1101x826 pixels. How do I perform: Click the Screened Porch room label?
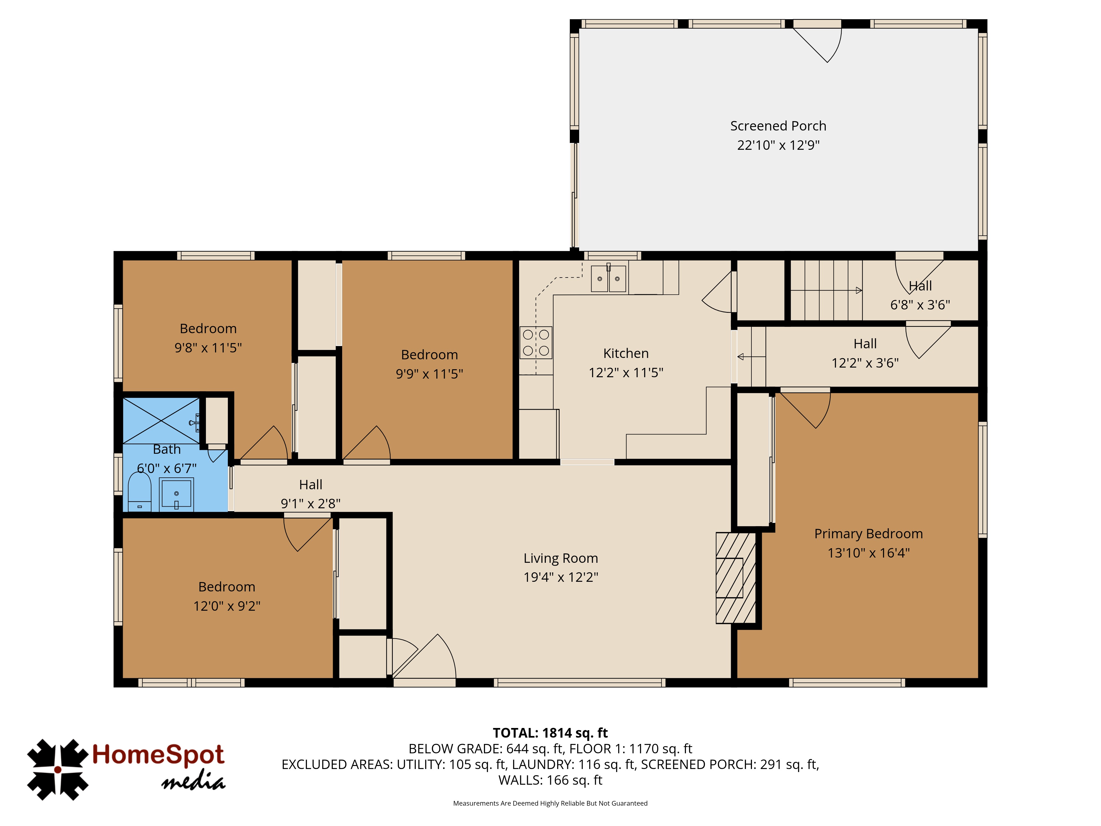[778, 126]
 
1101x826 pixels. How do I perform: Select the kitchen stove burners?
[536, 343]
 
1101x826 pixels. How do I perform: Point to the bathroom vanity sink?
[176, 494]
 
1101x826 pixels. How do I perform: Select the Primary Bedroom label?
[869, 534]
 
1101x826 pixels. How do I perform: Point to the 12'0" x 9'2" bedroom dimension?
[227, 606]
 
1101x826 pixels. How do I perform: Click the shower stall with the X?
[161, 421]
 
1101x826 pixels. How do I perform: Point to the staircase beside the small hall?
[826, 290]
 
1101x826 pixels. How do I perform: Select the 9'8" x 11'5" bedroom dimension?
[208, 347]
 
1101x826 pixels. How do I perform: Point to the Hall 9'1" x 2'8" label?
[310, 494]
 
